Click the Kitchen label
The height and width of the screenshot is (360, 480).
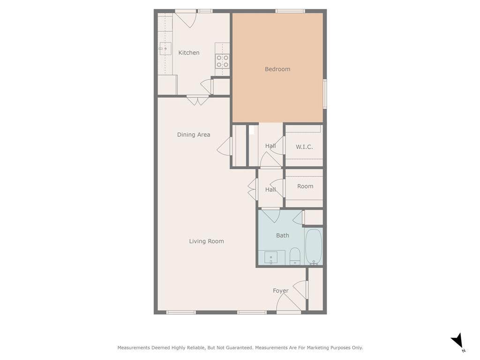[x=189, y=52]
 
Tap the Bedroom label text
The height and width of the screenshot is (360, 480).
[x=277, y=69]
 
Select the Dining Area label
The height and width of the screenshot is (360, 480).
[x=194, y=135]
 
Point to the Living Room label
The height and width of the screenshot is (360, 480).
[x=206, y=241]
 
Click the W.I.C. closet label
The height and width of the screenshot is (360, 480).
[x=304, y=147]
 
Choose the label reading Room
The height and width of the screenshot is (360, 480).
[x=305, y=186]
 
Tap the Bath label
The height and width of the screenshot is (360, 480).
[x=283, y=235]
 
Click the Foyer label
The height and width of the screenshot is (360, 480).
[x=281, y=291]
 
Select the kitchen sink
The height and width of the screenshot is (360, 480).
[x=165, y=48]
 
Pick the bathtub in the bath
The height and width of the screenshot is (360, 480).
[x=314, y=247]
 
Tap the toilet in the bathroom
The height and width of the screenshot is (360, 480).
[x=295, y=256]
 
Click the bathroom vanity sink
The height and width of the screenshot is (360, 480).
[x=271, y=258]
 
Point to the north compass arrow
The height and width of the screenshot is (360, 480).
[x=457, y=341]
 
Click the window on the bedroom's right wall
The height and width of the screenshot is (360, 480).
[x=325, y=94]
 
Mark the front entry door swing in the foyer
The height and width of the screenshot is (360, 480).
[x=288, y=302]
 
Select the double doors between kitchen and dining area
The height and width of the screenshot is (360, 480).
[x=198, y=100]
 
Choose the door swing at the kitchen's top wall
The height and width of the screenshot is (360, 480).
[x=186, y=20]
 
